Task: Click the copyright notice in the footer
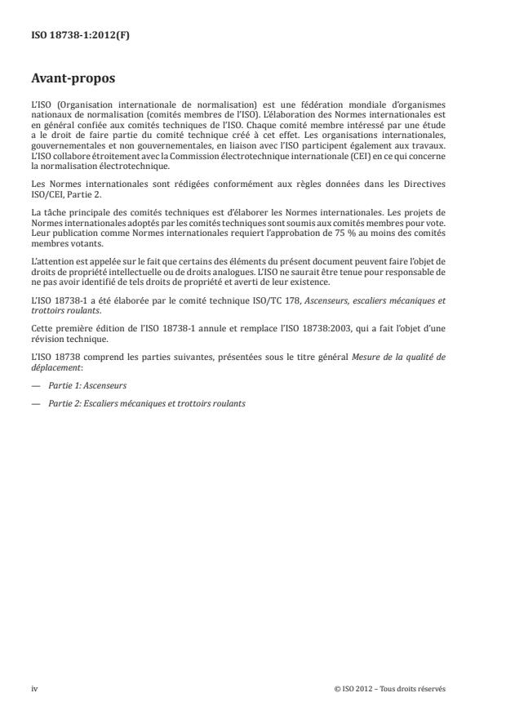(389, 688)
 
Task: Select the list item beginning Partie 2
(147, 403)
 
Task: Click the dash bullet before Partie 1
(35, 384)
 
